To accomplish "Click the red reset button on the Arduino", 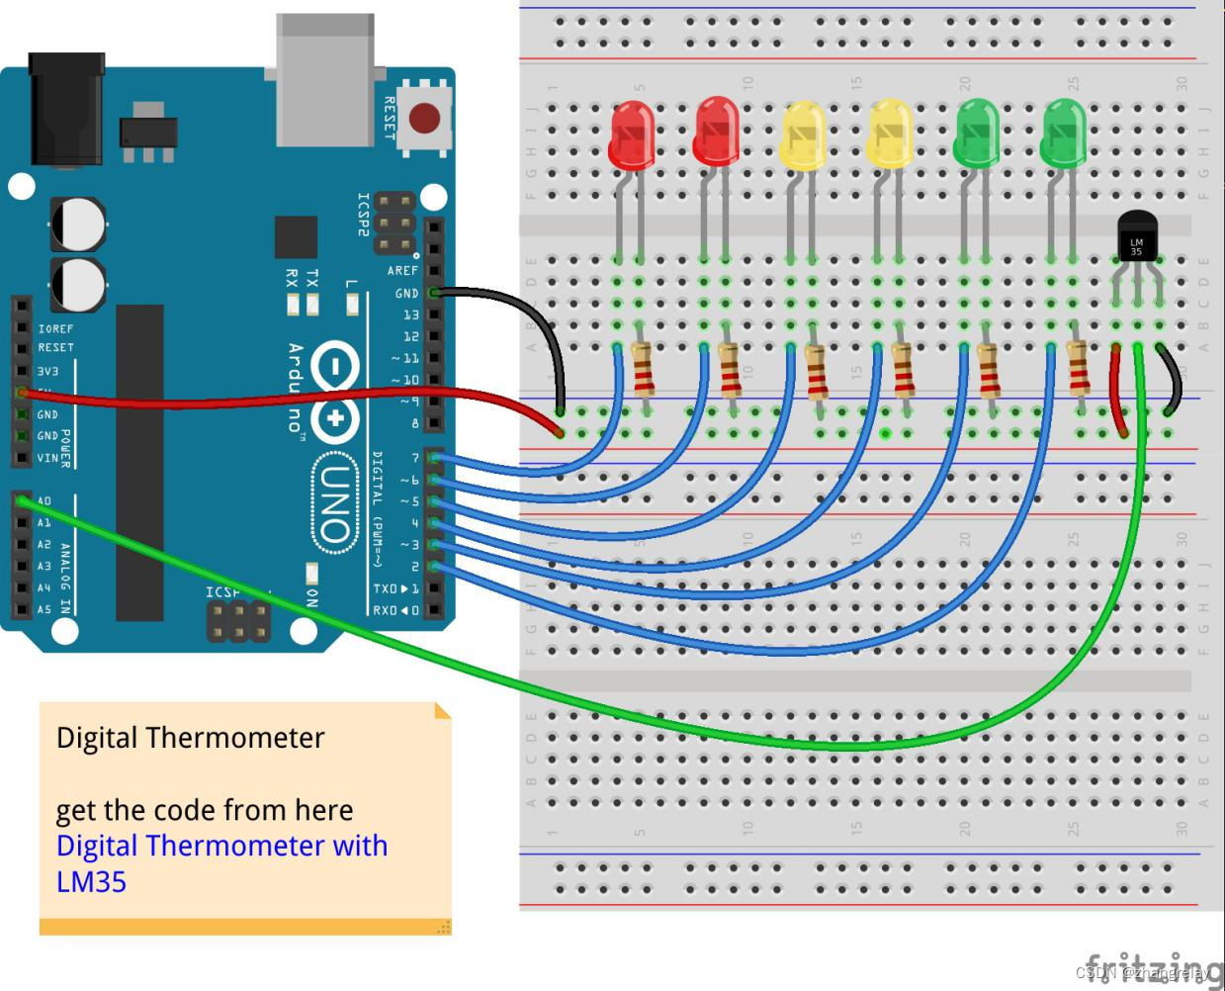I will coord(424,119).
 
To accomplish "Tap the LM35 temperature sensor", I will coord(1136,238).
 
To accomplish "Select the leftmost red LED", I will coord(631,134).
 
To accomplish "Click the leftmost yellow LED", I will coord(803,135).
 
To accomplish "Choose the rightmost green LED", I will coord(1064,132).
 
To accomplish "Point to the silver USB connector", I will coord(324,79).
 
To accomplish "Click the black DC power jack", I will coord(66,109).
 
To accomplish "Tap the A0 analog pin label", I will coord(44,501).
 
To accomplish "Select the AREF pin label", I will coord(402,271).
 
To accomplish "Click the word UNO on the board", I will coord(335,503).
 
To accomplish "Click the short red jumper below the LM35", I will coord(1118,391).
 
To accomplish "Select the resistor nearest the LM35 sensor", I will coord(1079,368).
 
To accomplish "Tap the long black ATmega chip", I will coord(139,462).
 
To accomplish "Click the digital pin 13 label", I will coord(410,315).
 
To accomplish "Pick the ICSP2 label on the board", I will coord(363,215).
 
